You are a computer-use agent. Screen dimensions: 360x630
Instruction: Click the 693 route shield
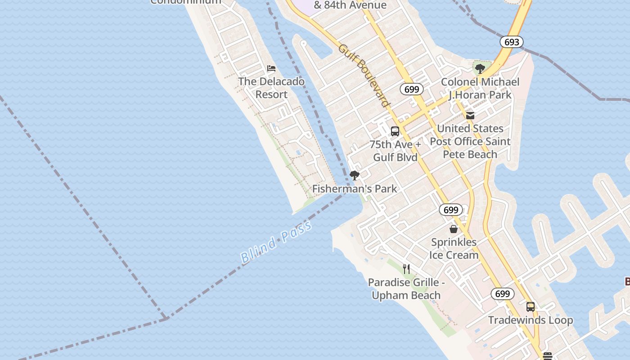tap(512, 42)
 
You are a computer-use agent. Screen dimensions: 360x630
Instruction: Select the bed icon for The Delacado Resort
tap(271, 68)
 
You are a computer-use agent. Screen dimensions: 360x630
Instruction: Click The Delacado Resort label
tap(271, 88)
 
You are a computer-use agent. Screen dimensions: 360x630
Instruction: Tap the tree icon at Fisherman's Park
tap(355, 175)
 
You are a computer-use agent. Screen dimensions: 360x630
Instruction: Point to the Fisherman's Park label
tap(355, 189)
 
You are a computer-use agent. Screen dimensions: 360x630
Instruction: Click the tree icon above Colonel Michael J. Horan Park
tap(480, 69)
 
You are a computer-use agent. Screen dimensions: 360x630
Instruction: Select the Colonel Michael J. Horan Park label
tap(480, 88)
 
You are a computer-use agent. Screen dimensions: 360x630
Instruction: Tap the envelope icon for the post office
tap(470, 116)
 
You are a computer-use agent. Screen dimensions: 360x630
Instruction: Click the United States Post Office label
tap(470, 141)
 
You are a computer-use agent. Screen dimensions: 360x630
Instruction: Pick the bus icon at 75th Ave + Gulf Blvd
tap(395, 131)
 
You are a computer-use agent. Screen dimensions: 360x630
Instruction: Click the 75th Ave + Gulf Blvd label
tap(395, 151)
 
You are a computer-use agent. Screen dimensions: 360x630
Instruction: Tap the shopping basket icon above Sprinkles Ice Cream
tap(453, 229)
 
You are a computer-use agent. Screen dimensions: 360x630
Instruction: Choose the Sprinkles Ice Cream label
tap(454, 248)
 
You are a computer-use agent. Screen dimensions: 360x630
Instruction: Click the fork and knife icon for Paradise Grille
tap(406, 269)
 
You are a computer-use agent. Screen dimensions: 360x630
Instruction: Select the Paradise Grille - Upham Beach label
tap(406, 289)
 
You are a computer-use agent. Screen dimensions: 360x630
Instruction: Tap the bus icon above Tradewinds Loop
tap(531, 307)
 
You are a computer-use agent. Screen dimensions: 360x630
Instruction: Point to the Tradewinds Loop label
tap(531, 320)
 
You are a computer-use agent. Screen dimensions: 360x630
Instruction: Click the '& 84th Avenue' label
tap(350, 5)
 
